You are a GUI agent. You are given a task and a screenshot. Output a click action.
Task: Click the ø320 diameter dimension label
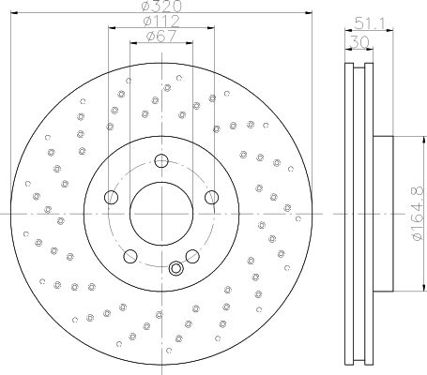161,6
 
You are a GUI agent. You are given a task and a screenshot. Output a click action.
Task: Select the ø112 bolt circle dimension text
161,21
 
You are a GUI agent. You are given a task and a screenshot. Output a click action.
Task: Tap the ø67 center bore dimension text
161,36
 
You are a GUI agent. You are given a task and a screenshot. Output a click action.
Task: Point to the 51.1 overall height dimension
370,23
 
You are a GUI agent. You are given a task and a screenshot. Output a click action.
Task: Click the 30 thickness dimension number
358,41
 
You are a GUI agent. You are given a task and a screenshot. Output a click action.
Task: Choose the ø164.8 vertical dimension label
419,213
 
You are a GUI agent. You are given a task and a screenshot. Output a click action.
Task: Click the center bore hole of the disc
161,214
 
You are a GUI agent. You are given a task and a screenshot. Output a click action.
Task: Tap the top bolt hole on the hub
161,161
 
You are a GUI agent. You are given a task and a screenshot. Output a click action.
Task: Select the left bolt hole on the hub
111,198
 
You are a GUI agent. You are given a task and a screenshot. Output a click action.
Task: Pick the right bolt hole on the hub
212,198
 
